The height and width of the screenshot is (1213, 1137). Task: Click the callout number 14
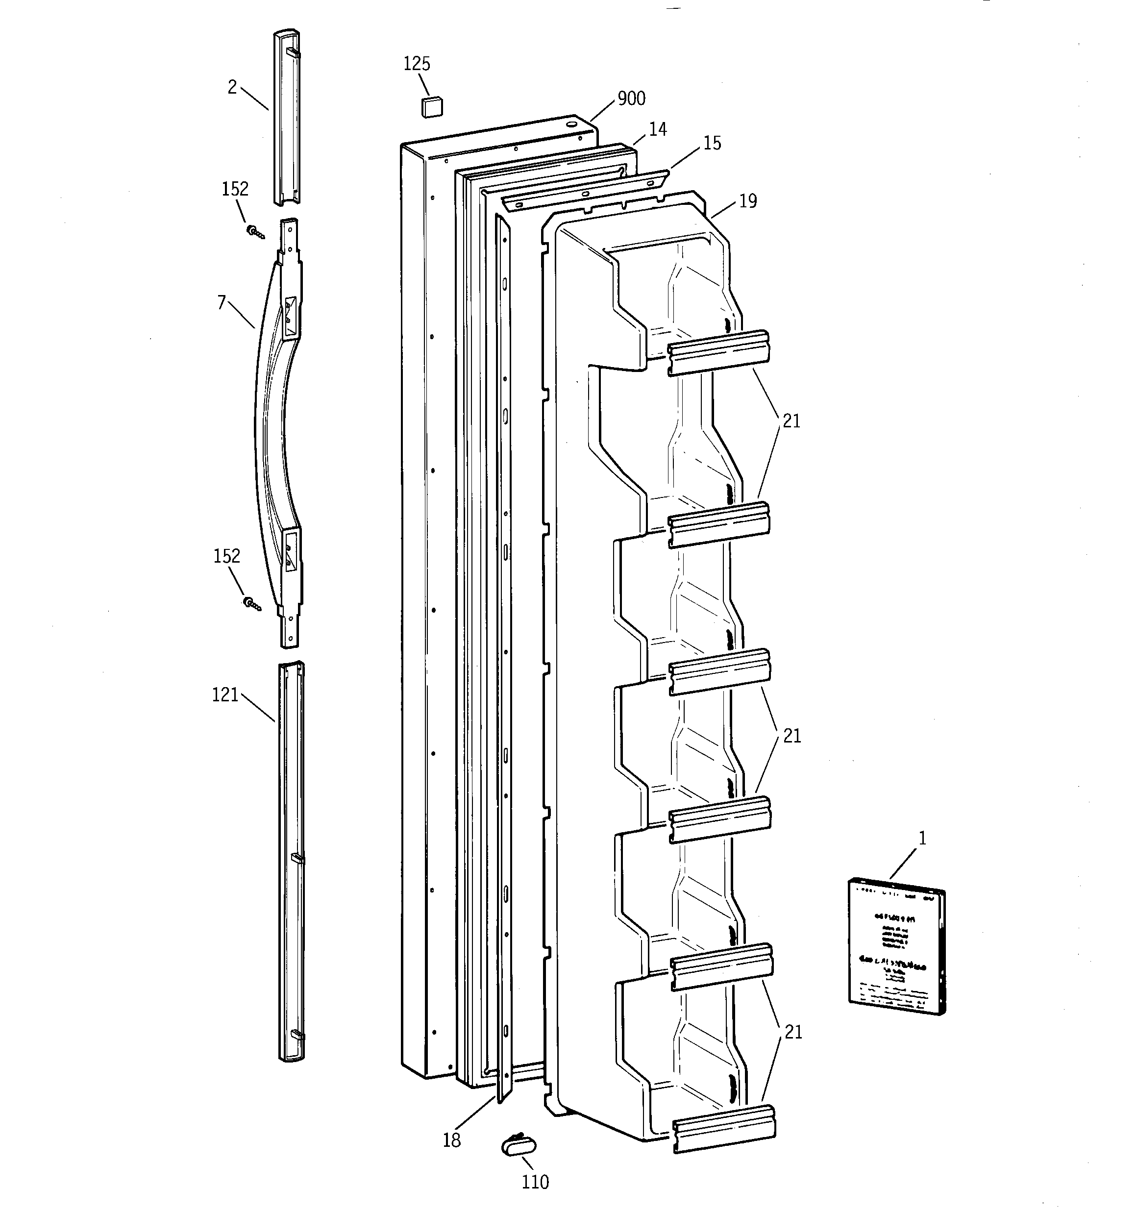[x=657, y=129]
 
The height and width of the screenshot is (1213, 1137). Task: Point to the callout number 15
[x=712, y=144]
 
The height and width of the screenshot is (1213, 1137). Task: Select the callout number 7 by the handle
[x=222, y=302]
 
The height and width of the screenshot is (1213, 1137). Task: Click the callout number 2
[x=232, y=88]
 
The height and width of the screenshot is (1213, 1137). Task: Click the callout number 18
[x=452, y=1140]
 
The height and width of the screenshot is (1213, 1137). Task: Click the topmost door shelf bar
[x=718, y=353]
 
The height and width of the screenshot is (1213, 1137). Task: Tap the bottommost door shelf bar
[x=724, y=1129]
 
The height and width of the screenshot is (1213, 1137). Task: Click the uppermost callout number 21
[x=791, y=421]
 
